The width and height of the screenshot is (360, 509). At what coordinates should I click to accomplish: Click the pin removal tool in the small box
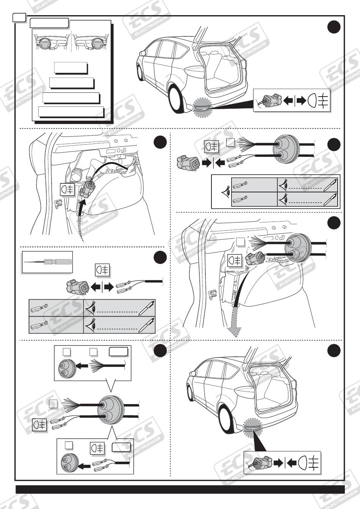[x=47, y=261]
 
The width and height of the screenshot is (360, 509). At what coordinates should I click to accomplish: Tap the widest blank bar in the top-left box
[x=71, y=112]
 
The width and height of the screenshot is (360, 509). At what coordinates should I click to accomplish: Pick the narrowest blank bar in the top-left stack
[x=71, y=67]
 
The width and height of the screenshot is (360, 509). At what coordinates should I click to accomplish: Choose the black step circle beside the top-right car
[x=333, y=27]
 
